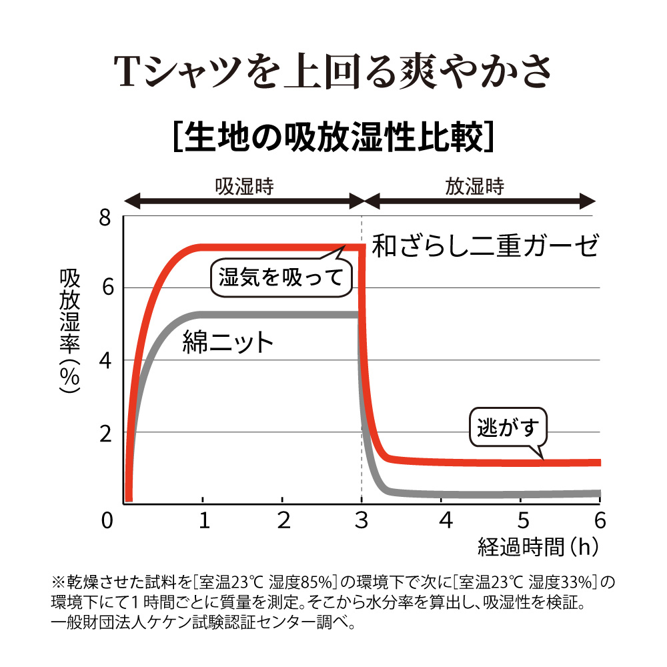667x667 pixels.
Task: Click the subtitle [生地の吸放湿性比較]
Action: coord(333,136)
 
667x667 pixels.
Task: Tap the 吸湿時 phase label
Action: coord(244,186)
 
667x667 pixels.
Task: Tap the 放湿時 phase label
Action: coord(475,186)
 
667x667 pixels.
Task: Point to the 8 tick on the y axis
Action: coord(106,218)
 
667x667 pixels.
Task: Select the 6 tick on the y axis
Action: coord(106,288)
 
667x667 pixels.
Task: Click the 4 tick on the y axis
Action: coord(106,361)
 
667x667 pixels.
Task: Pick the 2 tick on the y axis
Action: coord(106,433)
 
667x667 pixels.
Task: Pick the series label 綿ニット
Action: coord(228,342)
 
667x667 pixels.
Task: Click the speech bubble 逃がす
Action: coord(508,428)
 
